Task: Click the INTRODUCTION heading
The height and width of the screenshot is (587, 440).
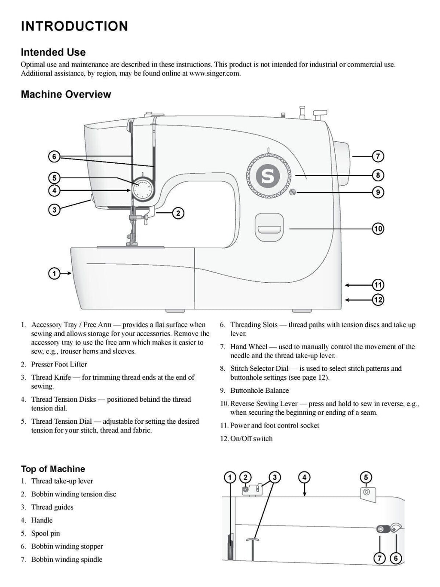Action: pos(74,26)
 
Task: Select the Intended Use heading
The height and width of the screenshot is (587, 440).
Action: pos(53,52)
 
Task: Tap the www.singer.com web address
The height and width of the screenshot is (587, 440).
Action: pos(214,73)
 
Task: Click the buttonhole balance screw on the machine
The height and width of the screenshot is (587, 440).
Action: pos(292,192)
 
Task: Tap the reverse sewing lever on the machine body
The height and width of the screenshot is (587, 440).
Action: pos(269,227)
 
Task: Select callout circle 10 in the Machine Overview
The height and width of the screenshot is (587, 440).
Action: pos(378,229)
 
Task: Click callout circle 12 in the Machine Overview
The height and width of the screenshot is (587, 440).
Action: pos(378,300)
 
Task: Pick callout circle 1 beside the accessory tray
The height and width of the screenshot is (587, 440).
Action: pos(54,273)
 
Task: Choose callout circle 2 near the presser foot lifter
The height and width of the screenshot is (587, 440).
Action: pos(178,213)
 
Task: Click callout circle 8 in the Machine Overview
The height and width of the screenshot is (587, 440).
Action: pos(378,175)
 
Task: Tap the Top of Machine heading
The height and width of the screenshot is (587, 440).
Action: pos(53,469)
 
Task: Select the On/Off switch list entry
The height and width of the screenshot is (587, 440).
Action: pos(251,438)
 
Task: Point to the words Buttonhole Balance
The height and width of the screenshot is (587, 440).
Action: pos(260,390)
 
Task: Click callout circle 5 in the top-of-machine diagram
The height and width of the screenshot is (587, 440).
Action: pos(366,477)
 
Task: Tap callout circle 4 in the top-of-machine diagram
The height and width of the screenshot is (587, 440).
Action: pos(304,477)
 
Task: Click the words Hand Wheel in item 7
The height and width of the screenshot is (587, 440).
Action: pos(249,346)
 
